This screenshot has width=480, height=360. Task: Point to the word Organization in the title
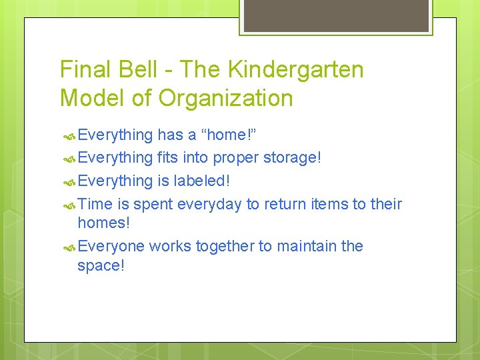click(x=225, y=99)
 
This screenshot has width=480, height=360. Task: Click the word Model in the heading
click(x=93, y=99)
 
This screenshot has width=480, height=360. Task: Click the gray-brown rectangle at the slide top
click(x=335, y=15)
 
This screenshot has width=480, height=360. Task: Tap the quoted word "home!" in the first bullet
click(x=229, y=135)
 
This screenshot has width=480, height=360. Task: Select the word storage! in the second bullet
click(x=292, y=158)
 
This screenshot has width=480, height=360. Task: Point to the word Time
click(x=95, y=203)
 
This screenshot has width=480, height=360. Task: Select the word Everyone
click(x=111, y=246)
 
